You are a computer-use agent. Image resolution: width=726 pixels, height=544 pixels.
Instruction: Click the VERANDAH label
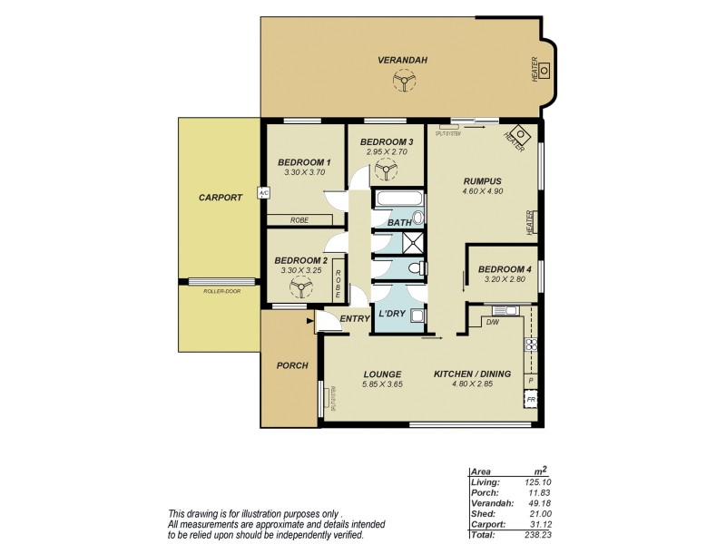pyautogui.click(x=401, y=61)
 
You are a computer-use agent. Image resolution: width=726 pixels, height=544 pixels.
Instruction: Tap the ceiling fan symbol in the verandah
pyautogui.click(x=401, y=83)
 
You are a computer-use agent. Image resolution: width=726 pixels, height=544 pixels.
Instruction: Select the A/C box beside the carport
pyautogui.click(x=263, y=193)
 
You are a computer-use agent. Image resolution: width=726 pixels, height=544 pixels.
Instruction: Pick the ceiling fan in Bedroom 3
pyautogui.click(x=373, y=170)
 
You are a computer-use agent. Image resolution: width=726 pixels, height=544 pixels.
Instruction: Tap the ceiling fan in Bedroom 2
pyautogui.click(x=299, y=288)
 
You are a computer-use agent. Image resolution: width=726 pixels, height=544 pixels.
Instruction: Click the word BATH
pyautogui.click(x=400, y=222)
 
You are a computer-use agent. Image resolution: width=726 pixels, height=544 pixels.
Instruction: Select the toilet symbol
pyautogui.click(x=413, y=269)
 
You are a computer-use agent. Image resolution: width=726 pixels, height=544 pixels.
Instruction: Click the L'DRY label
pyautogui.click(x=392, y=314)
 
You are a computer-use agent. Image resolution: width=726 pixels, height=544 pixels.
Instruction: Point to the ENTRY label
pyautogui.click(x=354, y=319)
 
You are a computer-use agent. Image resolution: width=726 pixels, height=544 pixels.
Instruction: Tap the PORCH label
pyautogui.click(x=291, y=365)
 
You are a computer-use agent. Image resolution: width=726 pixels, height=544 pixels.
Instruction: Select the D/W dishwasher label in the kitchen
pyautogui.click(x=493, y=322)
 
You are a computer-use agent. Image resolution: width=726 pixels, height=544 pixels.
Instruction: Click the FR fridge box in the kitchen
pyautogui.click(x=531, y=400)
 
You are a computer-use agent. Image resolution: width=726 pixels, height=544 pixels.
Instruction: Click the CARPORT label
pyautogui.click(x=221, y=197)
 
